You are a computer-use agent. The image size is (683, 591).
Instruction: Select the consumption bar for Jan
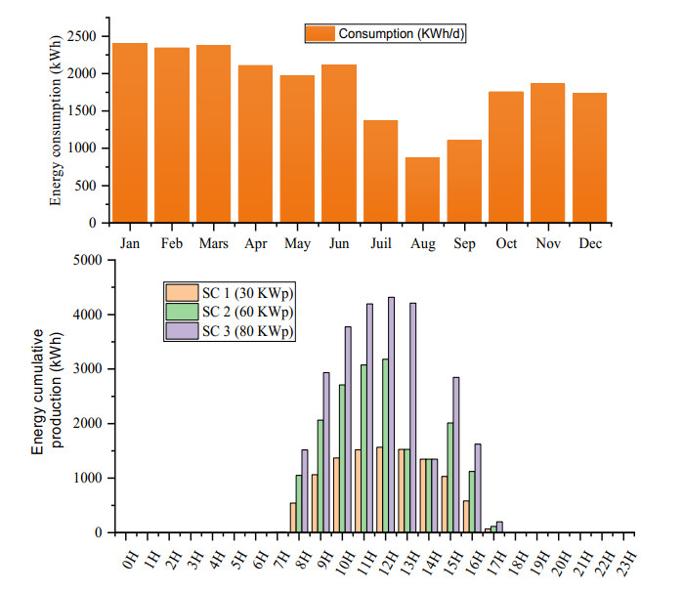[130, 133]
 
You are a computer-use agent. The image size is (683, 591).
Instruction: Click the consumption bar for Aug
[422, 190]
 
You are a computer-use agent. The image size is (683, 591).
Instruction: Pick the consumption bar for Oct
[506, 156]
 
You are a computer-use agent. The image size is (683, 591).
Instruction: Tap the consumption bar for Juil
[380, 171]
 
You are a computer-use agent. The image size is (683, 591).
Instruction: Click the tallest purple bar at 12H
[391, 414]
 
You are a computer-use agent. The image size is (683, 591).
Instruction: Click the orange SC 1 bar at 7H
[292, 518]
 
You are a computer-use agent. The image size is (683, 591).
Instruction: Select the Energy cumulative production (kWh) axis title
[47, 396]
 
